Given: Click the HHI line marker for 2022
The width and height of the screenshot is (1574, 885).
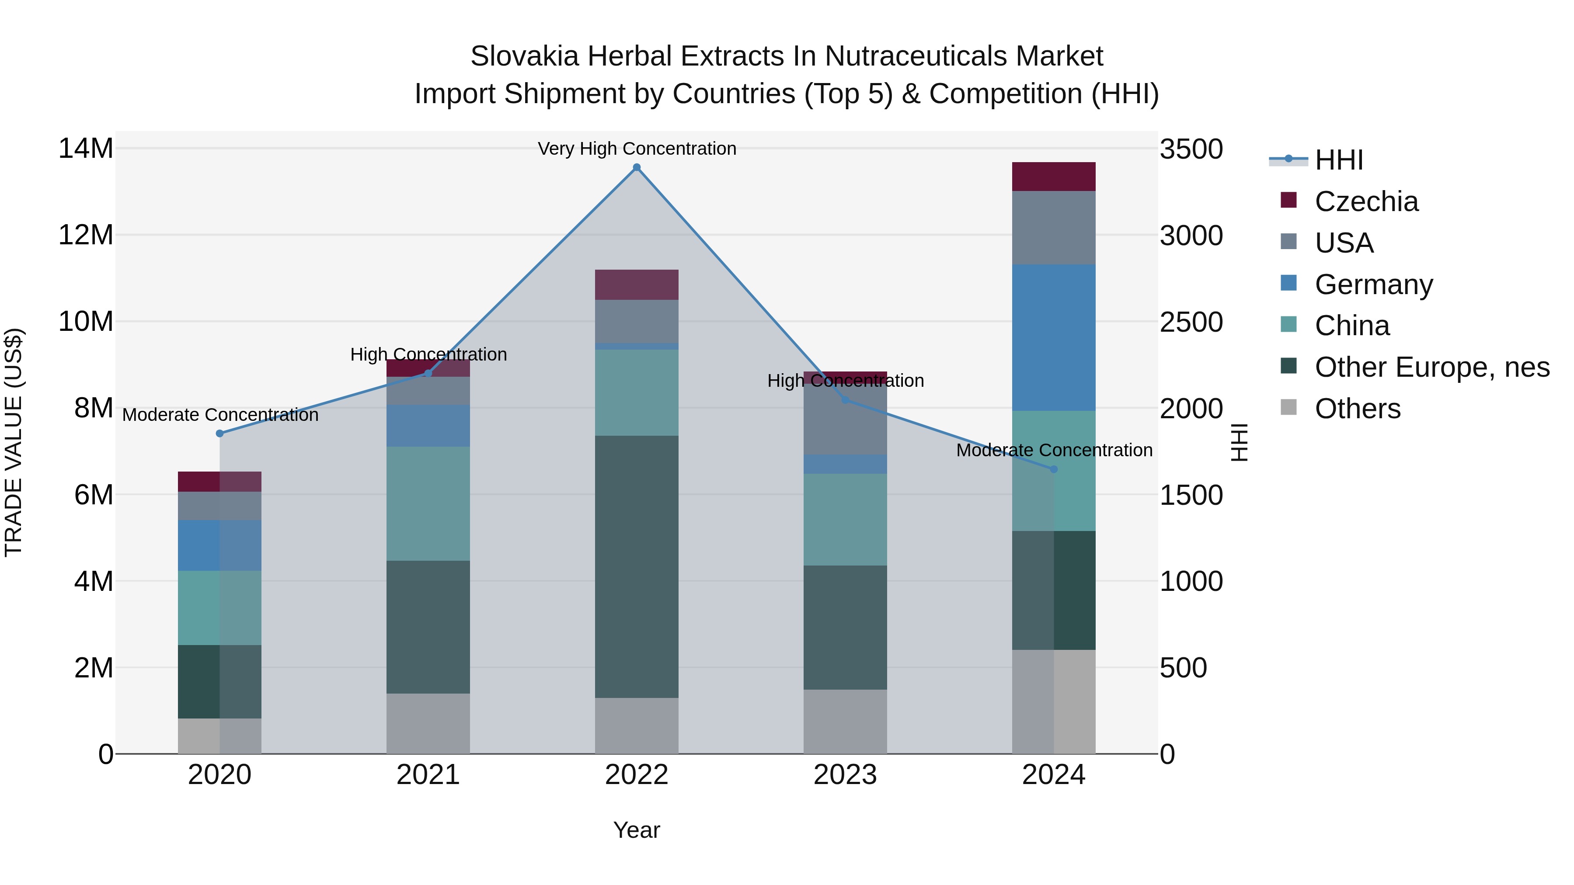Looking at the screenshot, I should click(637, 167).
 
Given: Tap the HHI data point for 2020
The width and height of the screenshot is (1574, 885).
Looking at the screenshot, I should click(220, 434).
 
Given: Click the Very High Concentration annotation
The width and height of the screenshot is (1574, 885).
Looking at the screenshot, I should click(637, 149).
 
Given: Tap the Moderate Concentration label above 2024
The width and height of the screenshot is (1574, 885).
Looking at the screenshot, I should click(1054, 450).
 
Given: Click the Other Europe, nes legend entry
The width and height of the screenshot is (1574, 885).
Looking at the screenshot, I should click(1431, 367).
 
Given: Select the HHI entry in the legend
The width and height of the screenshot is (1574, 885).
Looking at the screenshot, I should click(1338, 160).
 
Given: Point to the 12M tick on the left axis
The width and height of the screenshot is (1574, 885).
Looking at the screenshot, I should click(86, 235).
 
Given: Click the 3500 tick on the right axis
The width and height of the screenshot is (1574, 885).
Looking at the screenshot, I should click(1191, 149).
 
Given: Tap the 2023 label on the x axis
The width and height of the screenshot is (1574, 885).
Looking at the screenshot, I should click(845, 775).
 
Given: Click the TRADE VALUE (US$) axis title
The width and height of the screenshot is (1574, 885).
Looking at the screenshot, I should click(14, 442).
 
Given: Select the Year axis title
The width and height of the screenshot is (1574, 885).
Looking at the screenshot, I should click(637, 830).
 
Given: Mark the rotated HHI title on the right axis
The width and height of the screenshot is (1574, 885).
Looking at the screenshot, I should click(1239, 442).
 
